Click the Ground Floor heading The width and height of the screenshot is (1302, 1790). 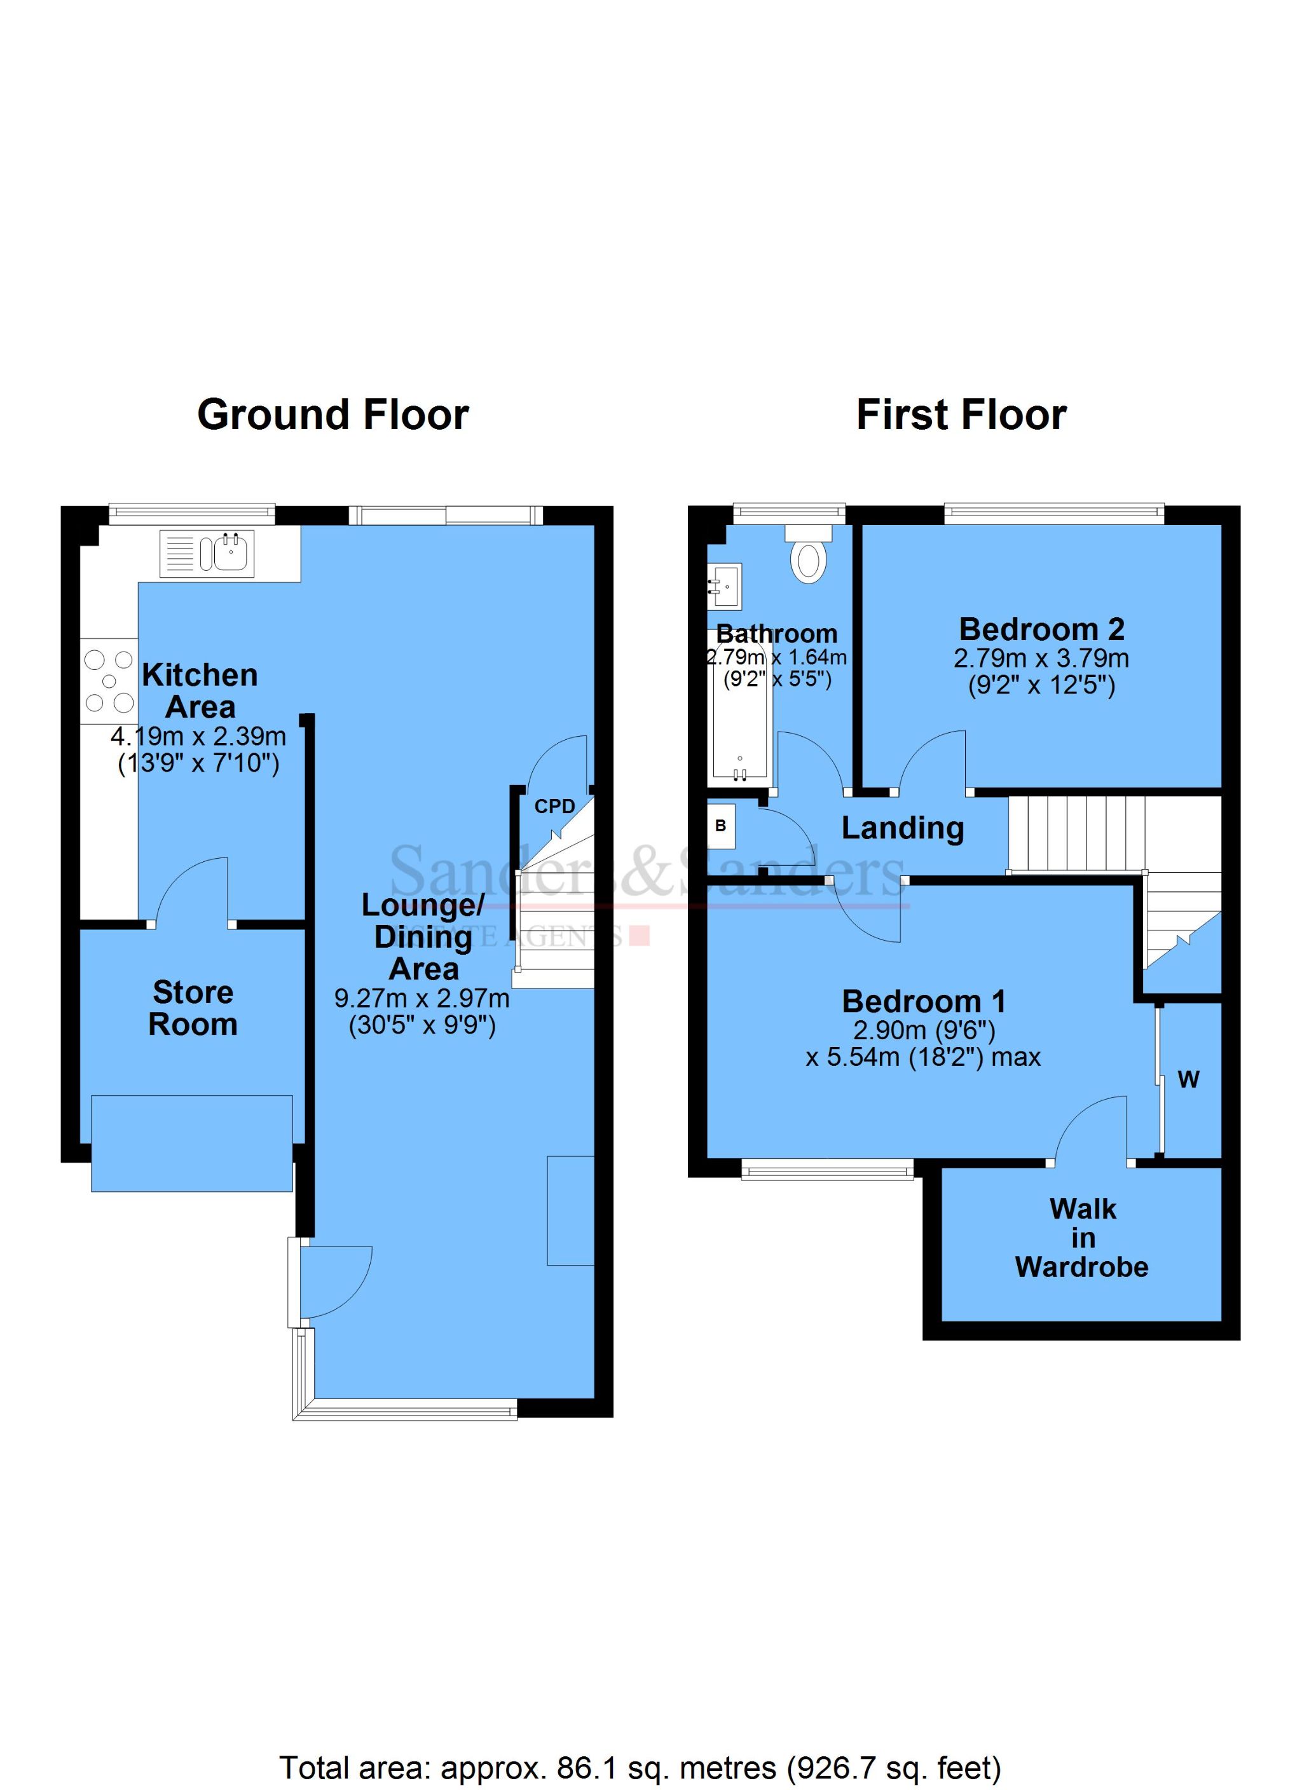coord(332,415)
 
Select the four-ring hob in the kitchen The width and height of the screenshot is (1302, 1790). coord(109,680)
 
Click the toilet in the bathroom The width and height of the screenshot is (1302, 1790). coord(808,559)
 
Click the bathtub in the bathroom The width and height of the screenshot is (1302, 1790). coord(740,714)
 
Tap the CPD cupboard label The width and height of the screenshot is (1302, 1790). coord(554,807)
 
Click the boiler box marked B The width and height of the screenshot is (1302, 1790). coord(721,826)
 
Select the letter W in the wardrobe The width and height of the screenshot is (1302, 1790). coord(1188,1081)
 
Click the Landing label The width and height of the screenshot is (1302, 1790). coord(903,828)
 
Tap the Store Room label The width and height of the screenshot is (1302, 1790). coord(193,1008)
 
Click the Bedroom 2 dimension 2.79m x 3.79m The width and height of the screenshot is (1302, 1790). coord(1041,659)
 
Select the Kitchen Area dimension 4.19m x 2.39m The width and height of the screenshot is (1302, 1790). coord(198,737)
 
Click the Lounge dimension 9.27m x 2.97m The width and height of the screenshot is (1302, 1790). coord(421,999)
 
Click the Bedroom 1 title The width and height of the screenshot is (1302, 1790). coord(924,1002)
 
